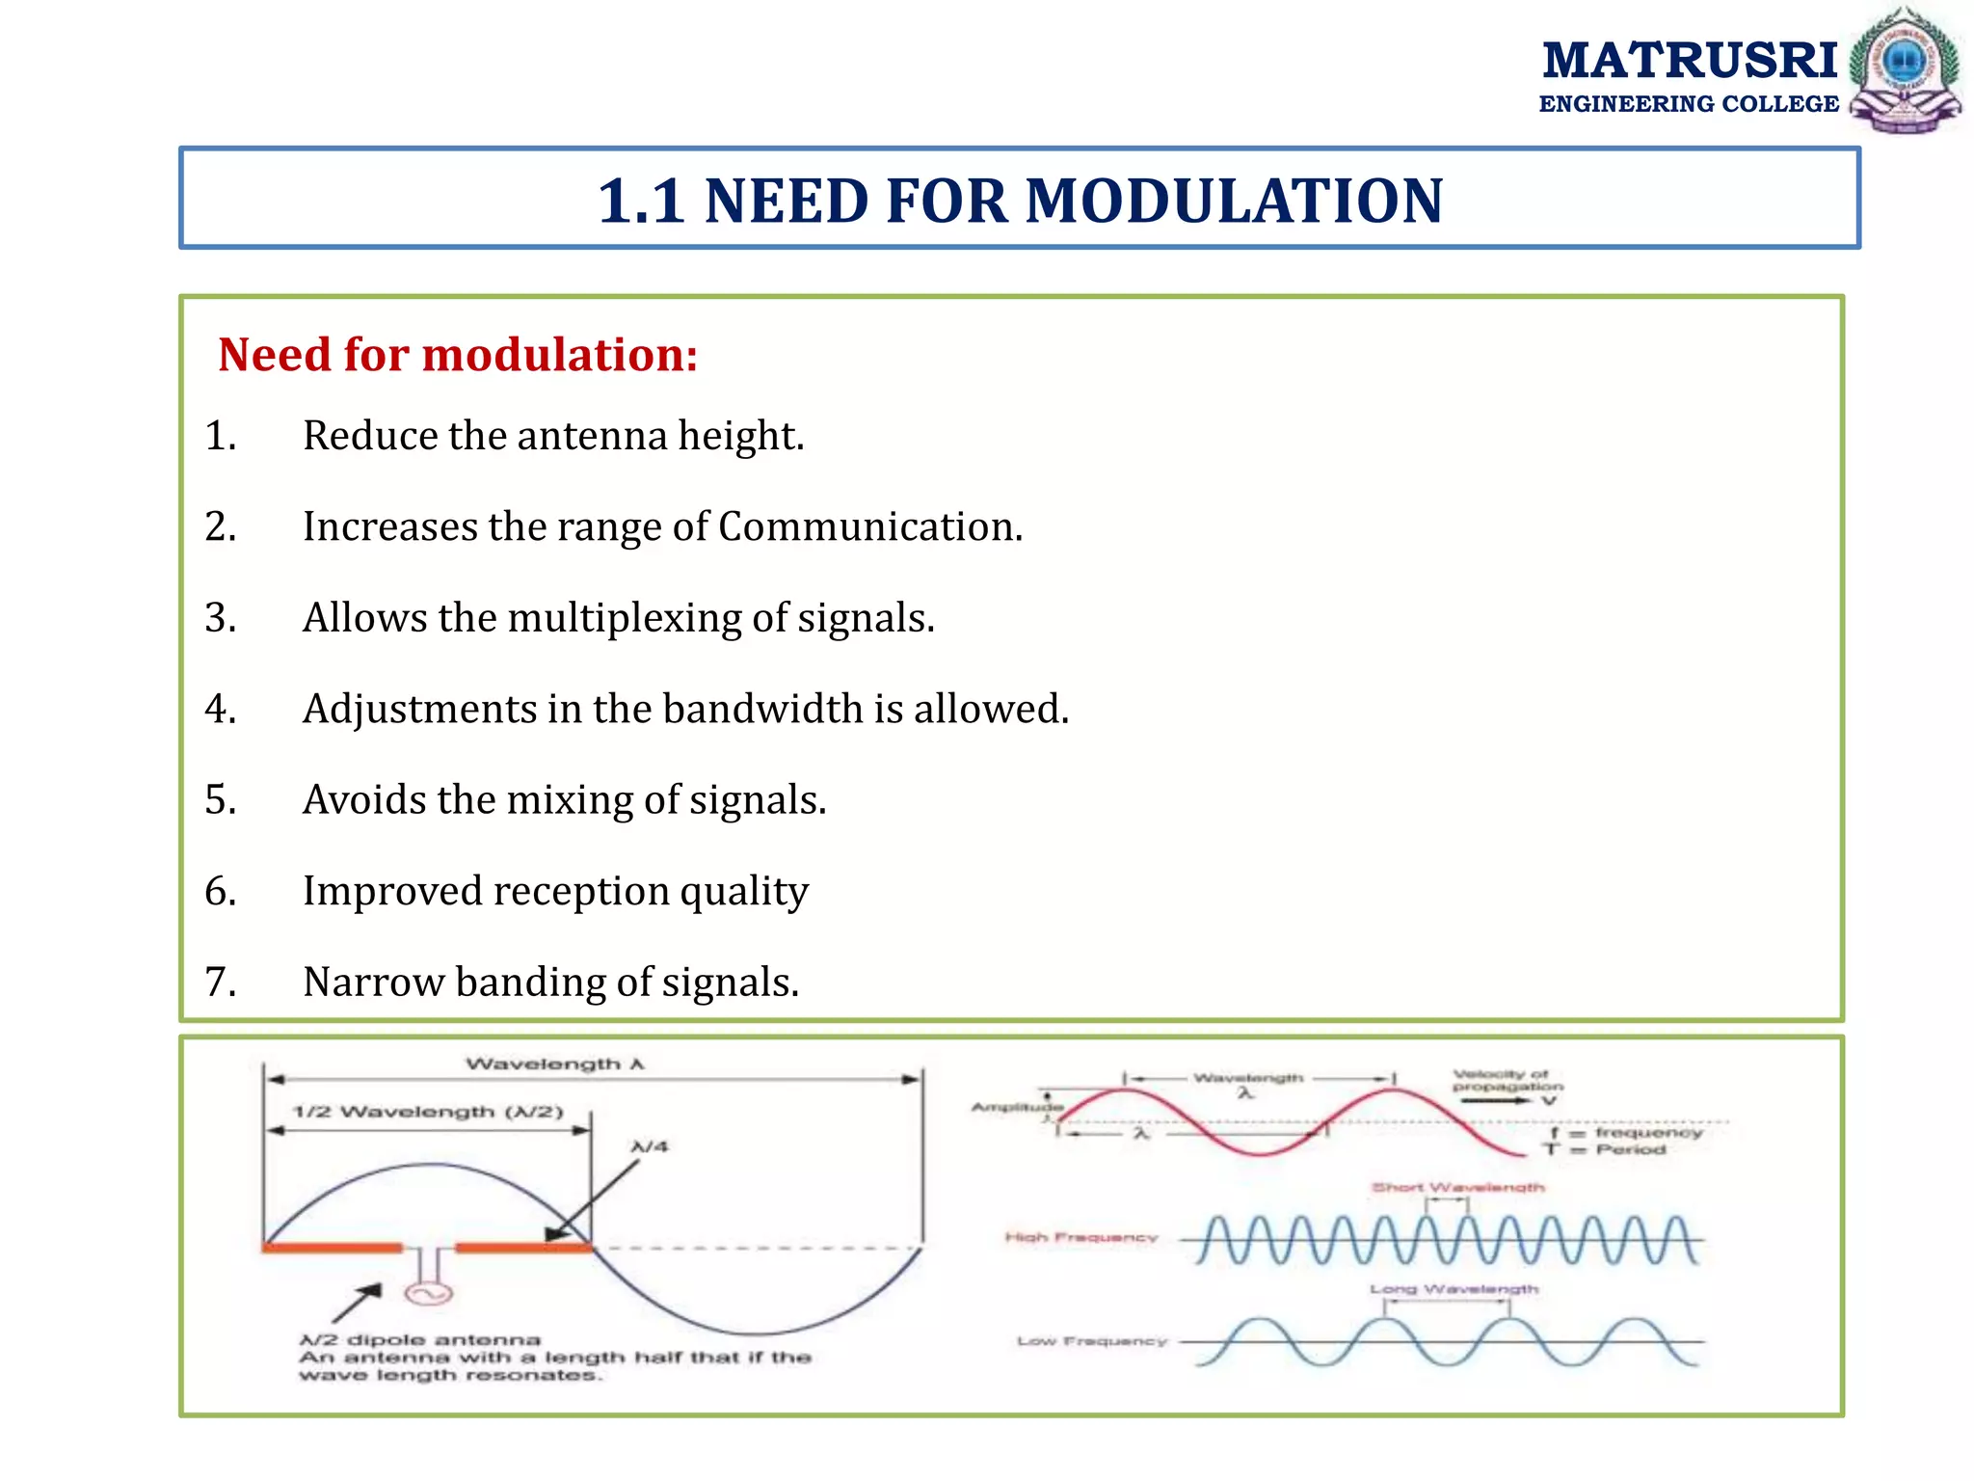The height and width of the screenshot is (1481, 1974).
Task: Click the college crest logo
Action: pos(1906,69)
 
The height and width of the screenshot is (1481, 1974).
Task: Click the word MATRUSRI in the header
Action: pos(1690,61)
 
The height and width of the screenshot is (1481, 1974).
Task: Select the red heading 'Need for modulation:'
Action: pos(458,355)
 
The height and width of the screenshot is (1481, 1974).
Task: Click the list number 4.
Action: pos(221,709)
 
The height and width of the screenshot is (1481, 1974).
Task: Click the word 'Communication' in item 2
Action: pos(869,527)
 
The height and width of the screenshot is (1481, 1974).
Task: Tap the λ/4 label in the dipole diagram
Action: pos(650,1146)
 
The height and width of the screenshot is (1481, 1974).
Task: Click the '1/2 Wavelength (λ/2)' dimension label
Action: pos(428,1112)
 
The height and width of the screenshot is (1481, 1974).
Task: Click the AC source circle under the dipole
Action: pos(428,1293)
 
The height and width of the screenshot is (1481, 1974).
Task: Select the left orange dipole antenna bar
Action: pos(332,1248)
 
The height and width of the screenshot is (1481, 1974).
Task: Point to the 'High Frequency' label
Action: pos(1080,1237)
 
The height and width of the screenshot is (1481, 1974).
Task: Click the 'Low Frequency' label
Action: pos(1091,1341)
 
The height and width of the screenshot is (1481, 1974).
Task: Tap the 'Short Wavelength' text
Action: pos(1457,1187)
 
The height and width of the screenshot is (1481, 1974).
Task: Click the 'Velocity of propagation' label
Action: pos(1507,1081)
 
